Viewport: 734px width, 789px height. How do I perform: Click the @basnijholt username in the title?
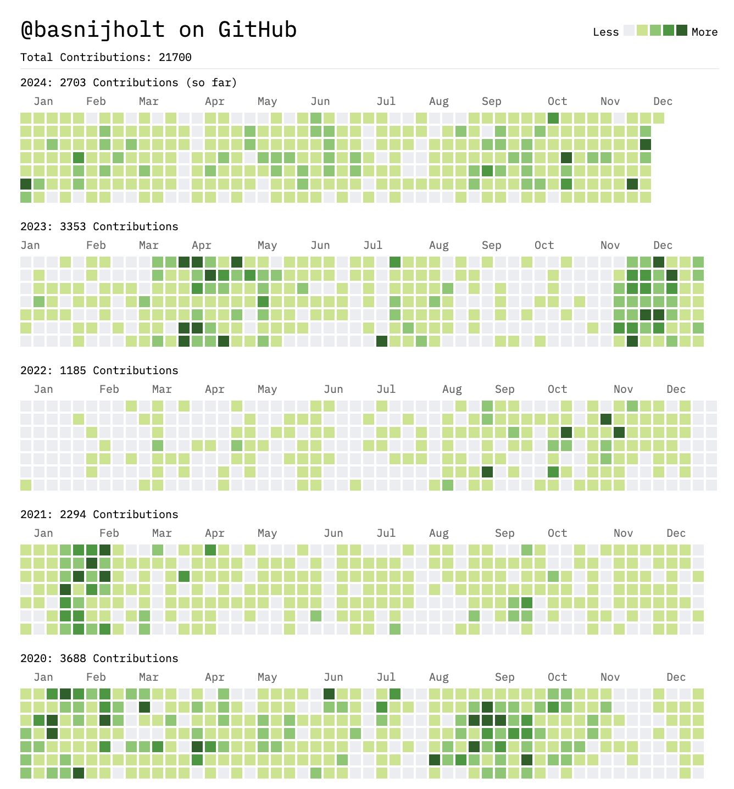coord(93,30)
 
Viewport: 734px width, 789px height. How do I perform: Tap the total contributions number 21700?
coord(175,57)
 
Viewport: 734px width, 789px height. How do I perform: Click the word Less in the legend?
coord(605,32)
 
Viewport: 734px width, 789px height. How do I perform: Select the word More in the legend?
coord(704,32)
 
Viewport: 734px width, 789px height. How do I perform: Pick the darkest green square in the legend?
coord(681,30)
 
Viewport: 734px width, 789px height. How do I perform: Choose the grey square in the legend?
coord(629,30)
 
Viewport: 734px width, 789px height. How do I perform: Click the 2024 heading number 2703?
coord(73,82)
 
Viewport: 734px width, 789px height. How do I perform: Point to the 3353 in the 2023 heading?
coord(73,226)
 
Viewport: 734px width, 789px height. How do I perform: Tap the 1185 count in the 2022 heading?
coord(73,370)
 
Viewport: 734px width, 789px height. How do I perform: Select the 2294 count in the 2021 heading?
coord(73,514)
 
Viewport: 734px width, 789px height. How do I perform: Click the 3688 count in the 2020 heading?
coord(73,658)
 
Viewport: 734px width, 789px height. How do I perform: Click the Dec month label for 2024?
coord(663,101)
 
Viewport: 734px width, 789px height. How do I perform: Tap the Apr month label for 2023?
coord(202,245)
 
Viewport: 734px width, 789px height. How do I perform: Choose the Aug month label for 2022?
coord(452,389)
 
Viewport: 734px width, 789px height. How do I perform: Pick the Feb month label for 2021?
coord(109,533)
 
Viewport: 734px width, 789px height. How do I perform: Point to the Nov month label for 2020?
coord(610,677)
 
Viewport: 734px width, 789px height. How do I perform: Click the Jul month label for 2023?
coord(372,245)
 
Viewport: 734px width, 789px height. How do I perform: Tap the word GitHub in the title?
coord(257,30)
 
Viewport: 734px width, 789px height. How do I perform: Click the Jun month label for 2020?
coord(333,677)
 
